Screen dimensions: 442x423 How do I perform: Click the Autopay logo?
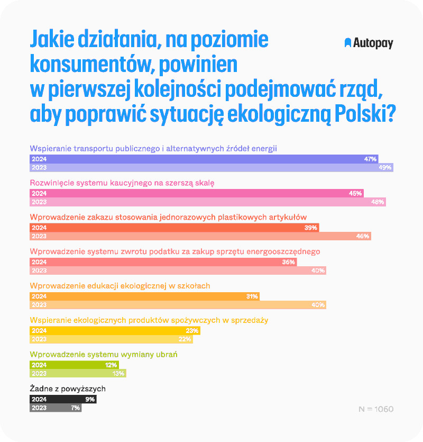pos(369,43)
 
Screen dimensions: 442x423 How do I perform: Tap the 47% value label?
pos(370,159)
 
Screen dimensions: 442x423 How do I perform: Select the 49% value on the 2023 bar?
pos(385,167)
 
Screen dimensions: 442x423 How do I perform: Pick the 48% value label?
pos(378,202)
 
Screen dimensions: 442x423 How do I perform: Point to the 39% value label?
pos(311,228)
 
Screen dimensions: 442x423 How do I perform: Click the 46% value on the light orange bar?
pos(363,236)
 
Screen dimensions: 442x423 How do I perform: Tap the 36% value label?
pos(289,262)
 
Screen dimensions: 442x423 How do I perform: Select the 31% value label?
pos(252,296)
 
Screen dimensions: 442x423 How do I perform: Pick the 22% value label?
pos(185,339)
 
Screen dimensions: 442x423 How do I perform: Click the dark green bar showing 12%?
pos(74,365)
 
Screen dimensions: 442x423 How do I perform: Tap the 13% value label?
pos(118,374)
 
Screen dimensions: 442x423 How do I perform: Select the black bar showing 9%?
pos(62,400)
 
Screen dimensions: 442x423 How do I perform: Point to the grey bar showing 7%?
pos(56,408)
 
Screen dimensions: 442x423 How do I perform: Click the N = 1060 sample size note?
pos(375,409)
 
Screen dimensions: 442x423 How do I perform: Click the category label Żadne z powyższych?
pos(65,389)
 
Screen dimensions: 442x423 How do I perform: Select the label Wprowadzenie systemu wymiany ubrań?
pos(104,354)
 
